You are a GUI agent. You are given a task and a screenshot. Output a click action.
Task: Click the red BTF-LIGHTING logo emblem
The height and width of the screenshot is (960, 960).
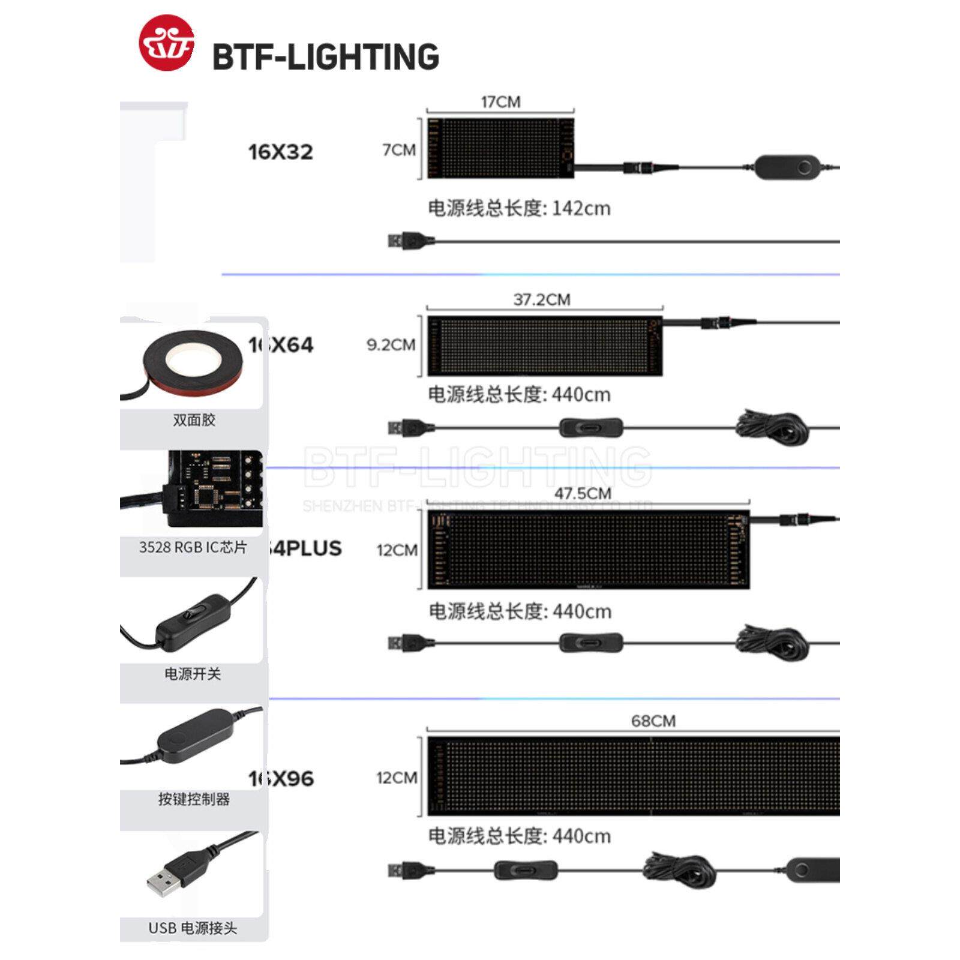point(166,43)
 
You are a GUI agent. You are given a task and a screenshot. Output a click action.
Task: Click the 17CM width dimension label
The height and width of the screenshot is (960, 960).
point(500,102)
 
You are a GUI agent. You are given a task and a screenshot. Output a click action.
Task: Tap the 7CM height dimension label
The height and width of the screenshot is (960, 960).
point(399,149)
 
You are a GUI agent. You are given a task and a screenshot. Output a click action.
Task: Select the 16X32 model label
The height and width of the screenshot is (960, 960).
point(281,152)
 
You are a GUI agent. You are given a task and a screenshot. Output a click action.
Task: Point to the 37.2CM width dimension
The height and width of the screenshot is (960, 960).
point(542,299)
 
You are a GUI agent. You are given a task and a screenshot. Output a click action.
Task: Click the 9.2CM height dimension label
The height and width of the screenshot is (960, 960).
point(391,344)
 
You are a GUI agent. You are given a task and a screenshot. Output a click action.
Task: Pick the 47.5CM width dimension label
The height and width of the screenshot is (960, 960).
point(583,493)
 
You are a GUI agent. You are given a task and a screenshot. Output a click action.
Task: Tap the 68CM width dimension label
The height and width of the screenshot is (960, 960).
point(653,721)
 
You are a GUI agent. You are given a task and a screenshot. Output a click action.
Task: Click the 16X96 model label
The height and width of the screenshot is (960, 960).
point(281,778)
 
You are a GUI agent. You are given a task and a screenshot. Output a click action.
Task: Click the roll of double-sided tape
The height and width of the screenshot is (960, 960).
point(192,363)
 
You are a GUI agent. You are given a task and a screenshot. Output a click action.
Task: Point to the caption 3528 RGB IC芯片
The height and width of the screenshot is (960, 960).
point(193,547)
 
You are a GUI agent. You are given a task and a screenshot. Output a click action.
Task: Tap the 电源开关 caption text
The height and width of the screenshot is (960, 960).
point(193,674)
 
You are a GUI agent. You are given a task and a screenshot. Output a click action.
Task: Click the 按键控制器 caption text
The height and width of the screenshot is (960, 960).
point(194,799)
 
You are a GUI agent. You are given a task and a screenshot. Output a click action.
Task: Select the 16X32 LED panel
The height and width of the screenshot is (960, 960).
point(500,148)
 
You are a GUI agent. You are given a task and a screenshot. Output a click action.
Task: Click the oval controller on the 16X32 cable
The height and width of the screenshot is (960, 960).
point(787,167)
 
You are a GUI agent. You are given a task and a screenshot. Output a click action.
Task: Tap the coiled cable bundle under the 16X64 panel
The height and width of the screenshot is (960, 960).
point(772,427)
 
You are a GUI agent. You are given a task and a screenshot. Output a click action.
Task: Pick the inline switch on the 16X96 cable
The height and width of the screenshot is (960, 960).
point(526,870)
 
